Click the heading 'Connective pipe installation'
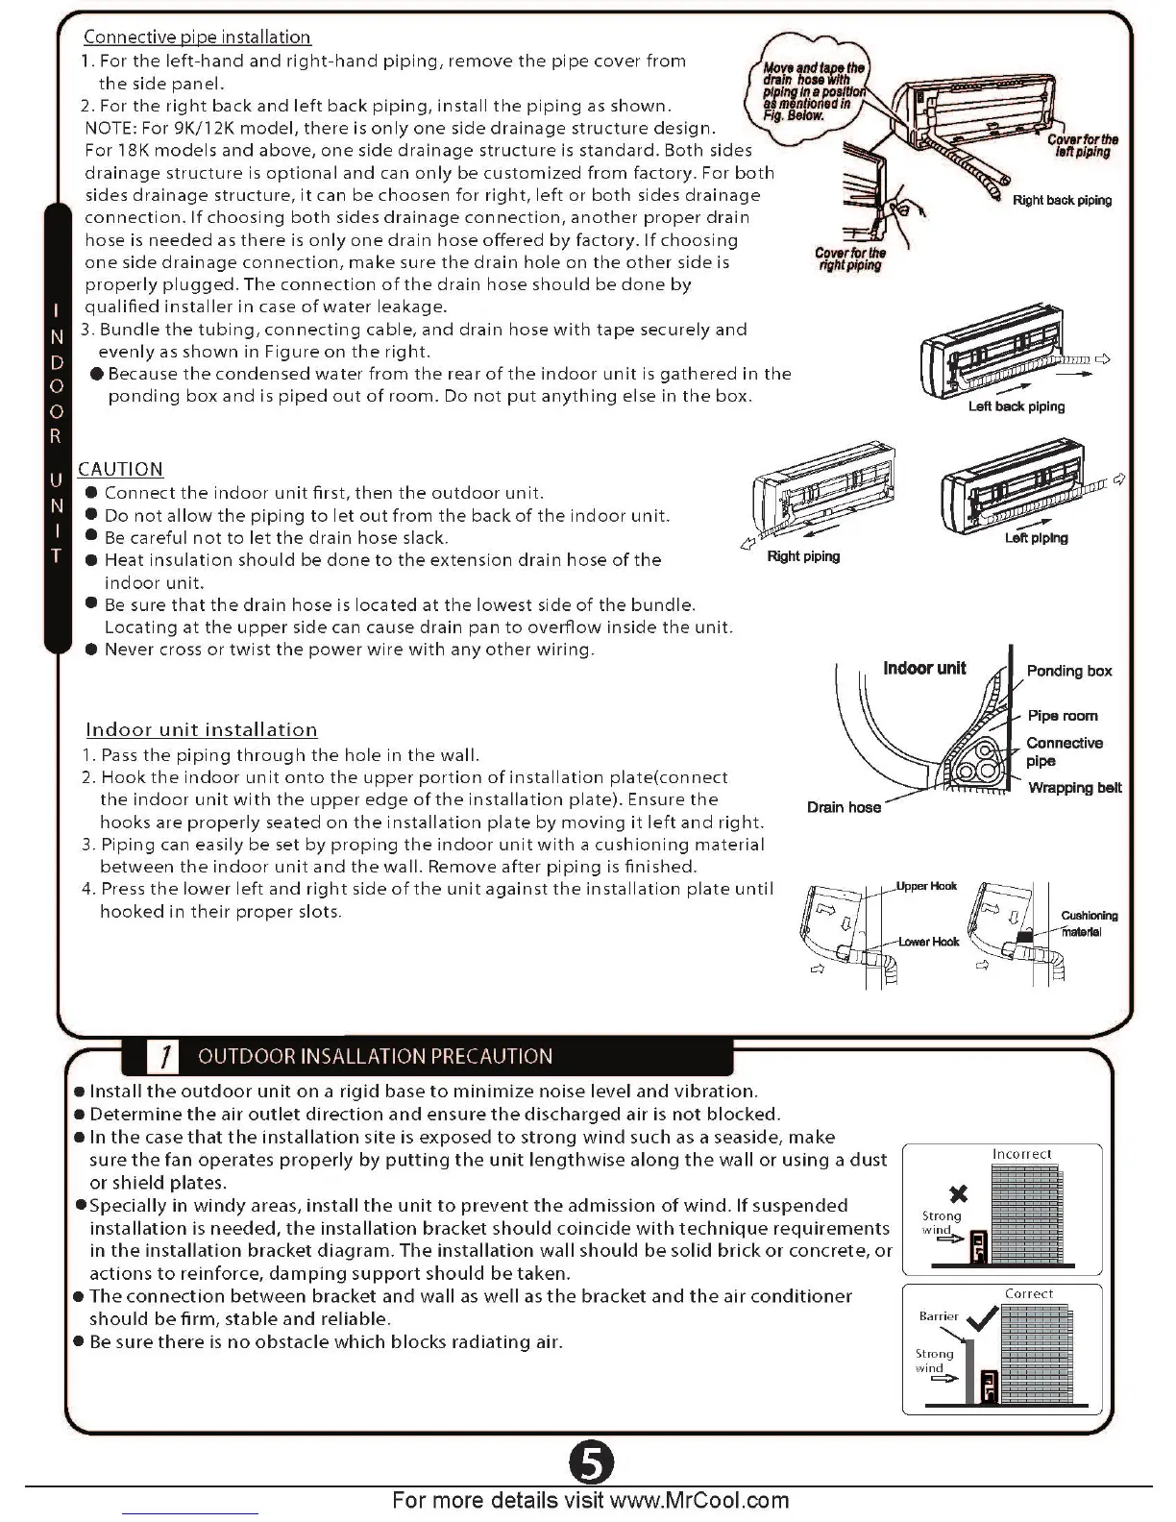coord(197,37)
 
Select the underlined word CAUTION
coord(120,469)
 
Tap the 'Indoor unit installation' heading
coord(202,729)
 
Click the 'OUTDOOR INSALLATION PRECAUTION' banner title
coord(375,1056)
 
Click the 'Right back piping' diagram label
coord(1062,200)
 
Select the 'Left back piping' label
coord(1016,406)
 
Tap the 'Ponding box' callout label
coord(1069,671)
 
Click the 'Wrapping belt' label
coord(1075,788)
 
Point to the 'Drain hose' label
coord(844,807)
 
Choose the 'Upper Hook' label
coord(926,886)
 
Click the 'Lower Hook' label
coord(928,942)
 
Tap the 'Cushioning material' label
coord(1088,923)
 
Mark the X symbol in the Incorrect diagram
coord(957,1194)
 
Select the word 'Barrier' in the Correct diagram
coord(939,1316)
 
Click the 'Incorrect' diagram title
coord(1021,1154)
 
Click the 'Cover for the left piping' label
coord(1083,145)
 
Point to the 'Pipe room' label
coord(1062,716)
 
